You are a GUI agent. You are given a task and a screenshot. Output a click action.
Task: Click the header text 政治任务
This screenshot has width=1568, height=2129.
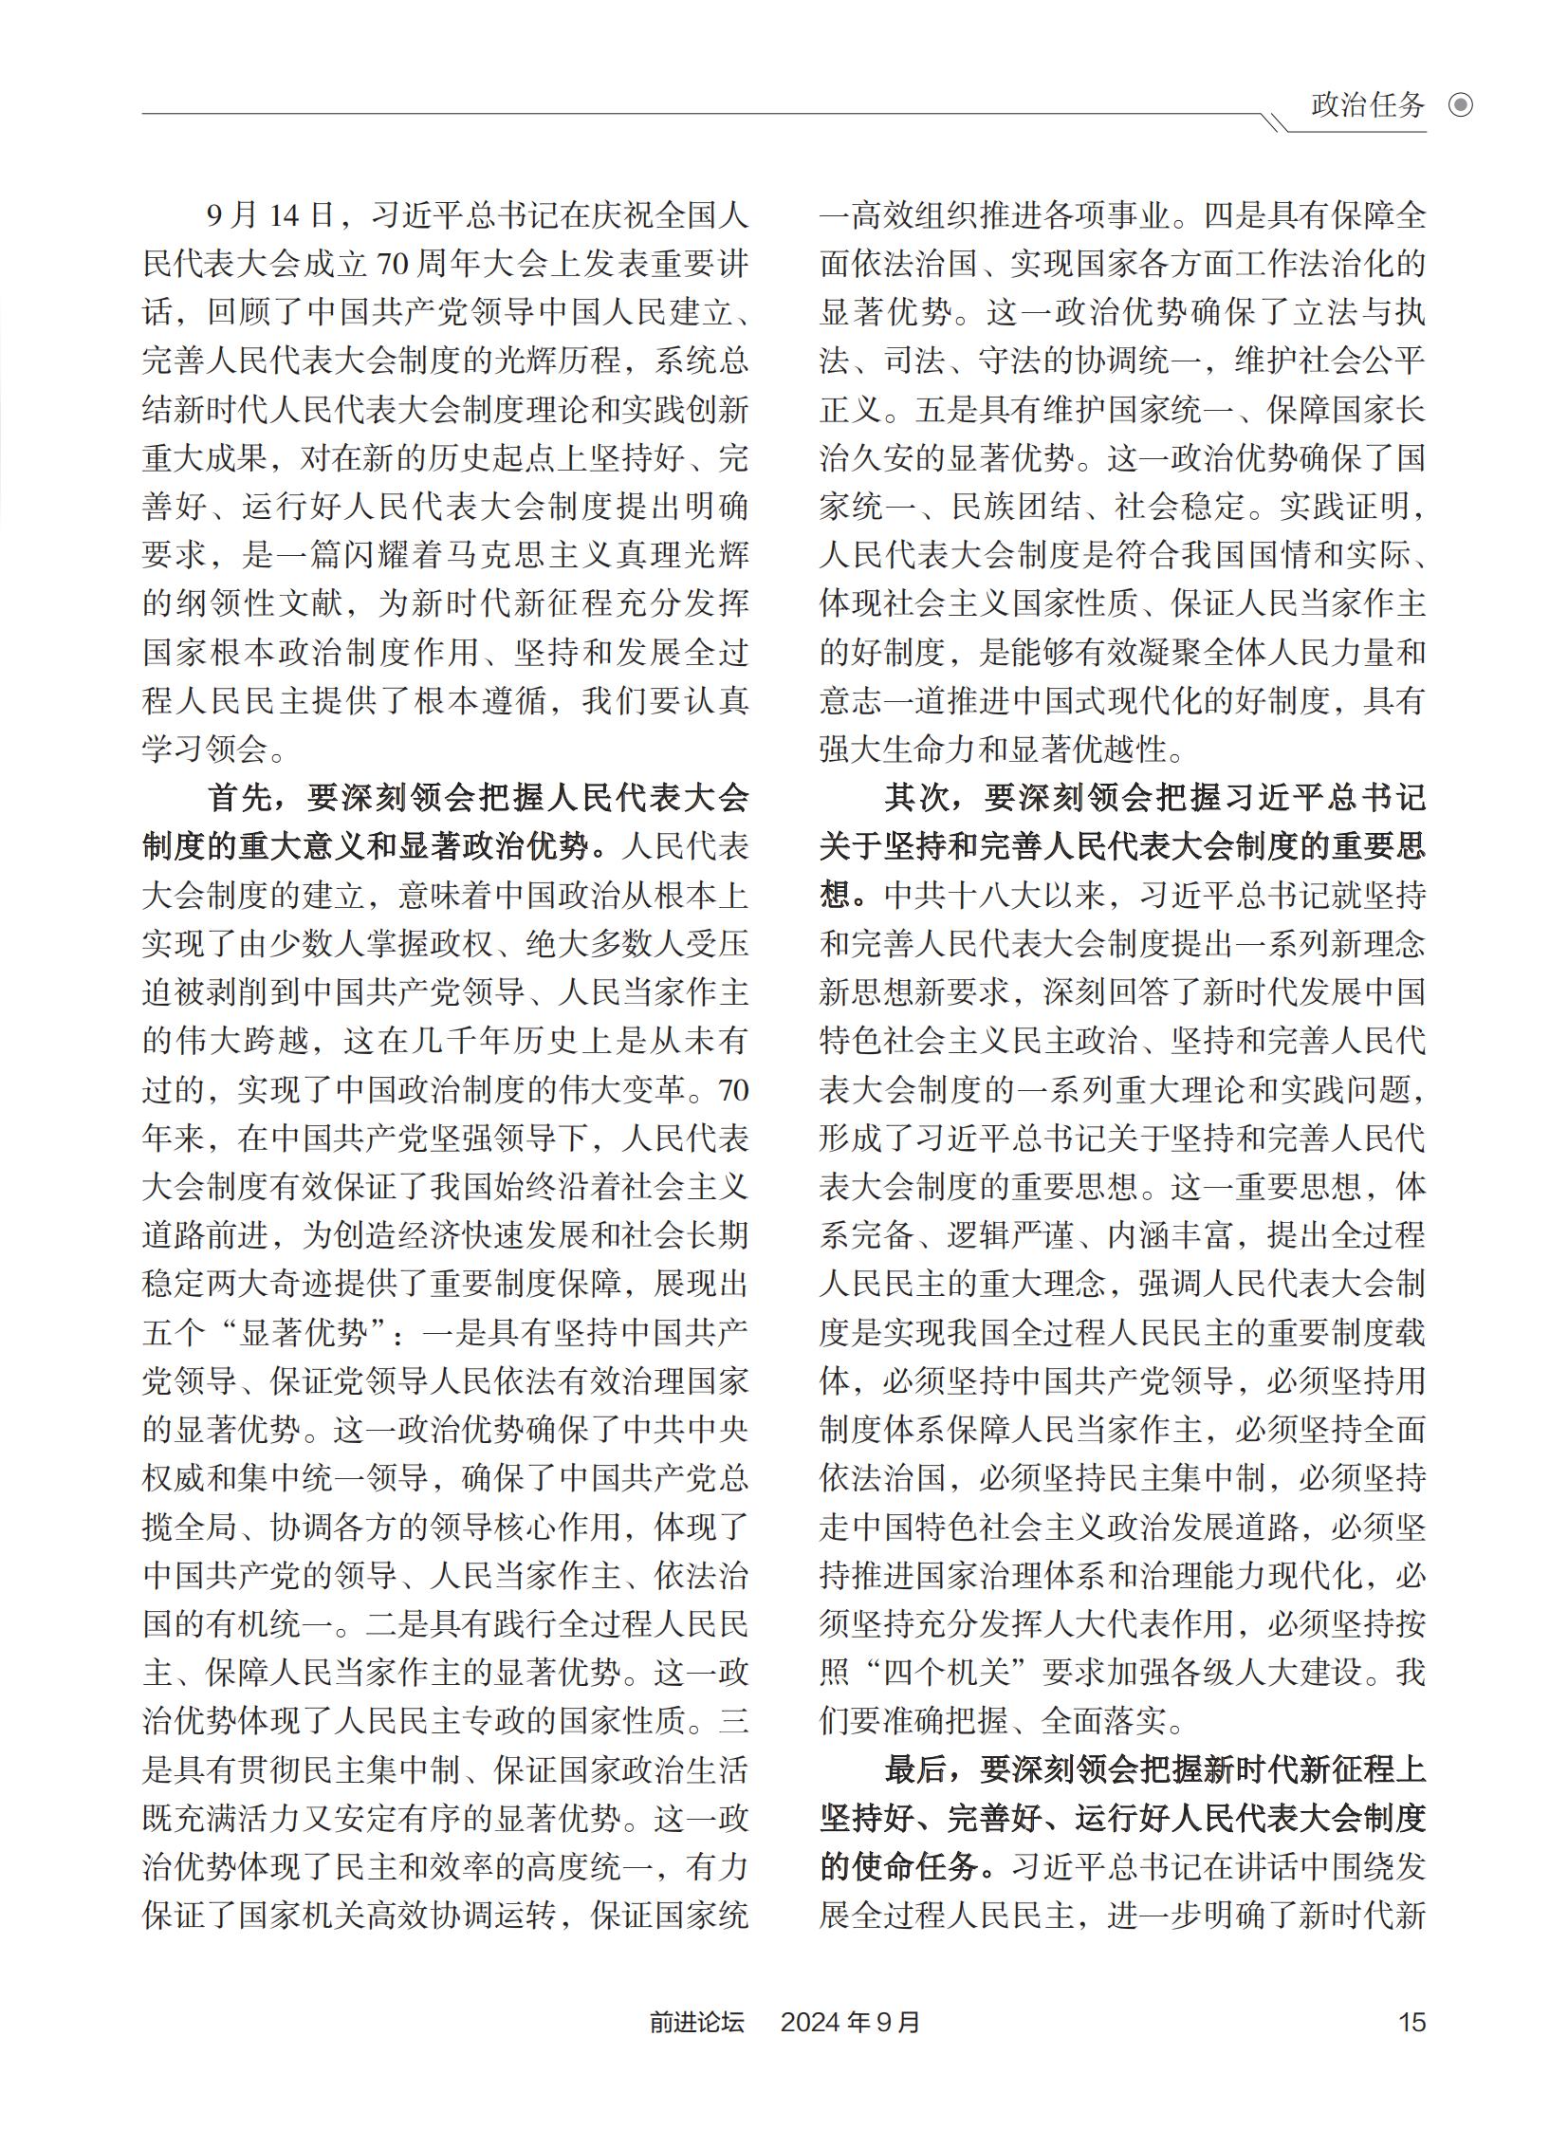click(1368, 105)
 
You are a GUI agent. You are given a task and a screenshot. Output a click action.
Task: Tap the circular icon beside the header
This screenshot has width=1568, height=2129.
click(1461, 105)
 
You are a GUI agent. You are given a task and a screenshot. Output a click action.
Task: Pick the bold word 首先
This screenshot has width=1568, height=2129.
click(240, 798)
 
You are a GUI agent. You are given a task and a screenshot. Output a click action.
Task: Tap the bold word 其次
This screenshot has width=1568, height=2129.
click(917, 798)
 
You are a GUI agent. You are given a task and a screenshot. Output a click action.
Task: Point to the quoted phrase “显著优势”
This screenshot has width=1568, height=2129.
click(304, 1333)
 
